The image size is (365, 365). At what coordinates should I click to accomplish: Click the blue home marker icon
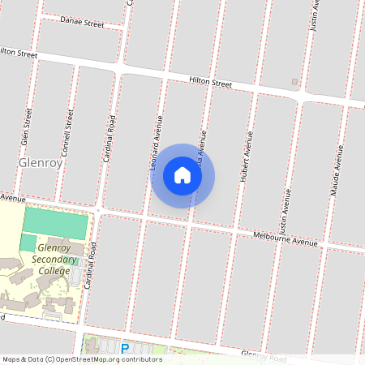pos(182,175)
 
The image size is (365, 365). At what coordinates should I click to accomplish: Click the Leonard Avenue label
pos(156,141)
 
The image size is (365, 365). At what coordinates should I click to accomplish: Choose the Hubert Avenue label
pos(246,154)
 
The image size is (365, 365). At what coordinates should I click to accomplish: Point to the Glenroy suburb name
pos(40,162)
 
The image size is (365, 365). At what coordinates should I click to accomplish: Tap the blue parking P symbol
pos(124,347)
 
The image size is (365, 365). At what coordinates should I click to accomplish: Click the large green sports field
pos(55,222)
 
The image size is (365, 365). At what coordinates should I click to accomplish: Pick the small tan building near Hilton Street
pos(294,82)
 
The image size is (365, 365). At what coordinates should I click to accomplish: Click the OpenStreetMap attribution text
pos(81,359)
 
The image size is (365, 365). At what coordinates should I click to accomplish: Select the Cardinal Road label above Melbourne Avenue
pos(108,137)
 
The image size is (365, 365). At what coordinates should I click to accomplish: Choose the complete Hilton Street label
pos(210,83)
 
